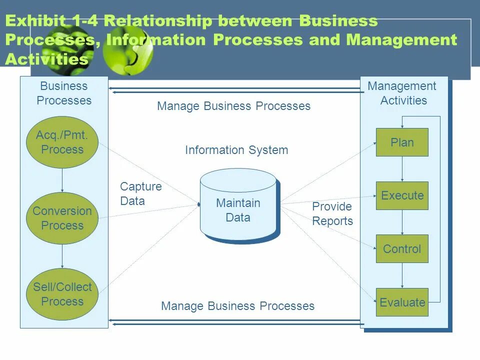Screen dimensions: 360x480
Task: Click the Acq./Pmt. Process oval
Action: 62,142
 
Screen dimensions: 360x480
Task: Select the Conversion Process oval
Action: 62,218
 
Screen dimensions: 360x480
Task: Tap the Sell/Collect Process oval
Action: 62,294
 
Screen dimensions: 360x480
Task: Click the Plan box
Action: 402,142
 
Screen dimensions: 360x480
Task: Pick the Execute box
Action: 402,195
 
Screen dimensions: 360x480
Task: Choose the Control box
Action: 402,248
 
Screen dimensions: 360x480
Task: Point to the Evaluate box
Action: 402,302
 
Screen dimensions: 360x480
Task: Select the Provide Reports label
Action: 332,213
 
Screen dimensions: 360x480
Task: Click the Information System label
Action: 236,150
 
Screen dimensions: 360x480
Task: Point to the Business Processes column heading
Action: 64,93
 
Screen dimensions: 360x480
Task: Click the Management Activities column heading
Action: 402,93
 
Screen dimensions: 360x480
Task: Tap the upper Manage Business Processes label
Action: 233,106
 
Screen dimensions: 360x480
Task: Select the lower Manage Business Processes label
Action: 237,306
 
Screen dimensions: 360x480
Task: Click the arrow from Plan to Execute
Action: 402,169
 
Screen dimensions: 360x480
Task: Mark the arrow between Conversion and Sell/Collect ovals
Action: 62,256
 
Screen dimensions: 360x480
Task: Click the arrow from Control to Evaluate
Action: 402,275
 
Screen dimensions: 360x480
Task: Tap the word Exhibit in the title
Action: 35,21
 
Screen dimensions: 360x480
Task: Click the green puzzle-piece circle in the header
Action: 127,49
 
